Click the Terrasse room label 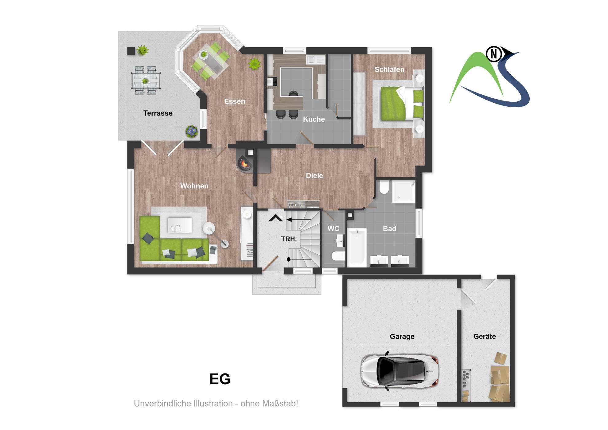coord(158,113)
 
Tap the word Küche coord(314,119)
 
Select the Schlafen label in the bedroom coord(389,69)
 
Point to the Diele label coord(314,176)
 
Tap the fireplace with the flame coord(245,162)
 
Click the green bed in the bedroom coord(402,103)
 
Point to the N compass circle coord(494,54)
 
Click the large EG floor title coord(220,379)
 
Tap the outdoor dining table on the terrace coord(146,81)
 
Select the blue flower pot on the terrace coord(192,131)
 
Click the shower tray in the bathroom coord(404,192)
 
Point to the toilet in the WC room coord(338,256)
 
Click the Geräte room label coord(485,336)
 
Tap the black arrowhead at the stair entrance coord(275,218)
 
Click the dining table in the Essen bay coord(211,61)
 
